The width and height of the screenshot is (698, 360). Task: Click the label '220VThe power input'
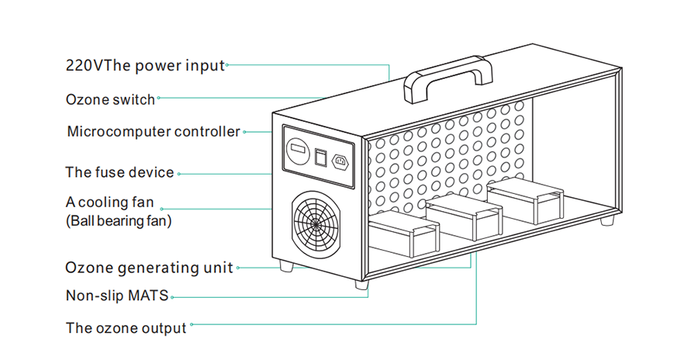pos(145,65)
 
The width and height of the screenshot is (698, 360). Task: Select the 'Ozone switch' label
pos(111,99)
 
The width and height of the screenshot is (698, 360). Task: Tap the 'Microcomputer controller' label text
pos(154,131)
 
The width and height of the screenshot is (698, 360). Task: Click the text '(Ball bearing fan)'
pos(119,221)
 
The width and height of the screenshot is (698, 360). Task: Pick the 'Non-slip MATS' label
pos(116,296)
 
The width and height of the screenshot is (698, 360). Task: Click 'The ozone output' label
pos(126,328)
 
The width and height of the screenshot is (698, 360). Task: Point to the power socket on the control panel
pos(340,162)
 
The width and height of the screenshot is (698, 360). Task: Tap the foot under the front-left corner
pos(287,266)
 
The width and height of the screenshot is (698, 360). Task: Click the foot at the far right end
pos(606,221)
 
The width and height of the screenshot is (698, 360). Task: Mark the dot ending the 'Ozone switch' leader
pos(160,99)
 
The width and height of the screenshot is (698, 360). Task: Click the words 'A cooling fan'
pos(110,202)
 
